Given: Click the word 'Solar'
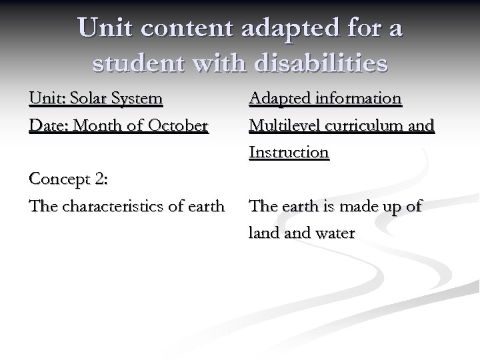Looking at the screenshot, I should point(88,99).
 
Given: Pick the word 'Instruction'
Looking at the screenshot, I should point(289,153).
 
